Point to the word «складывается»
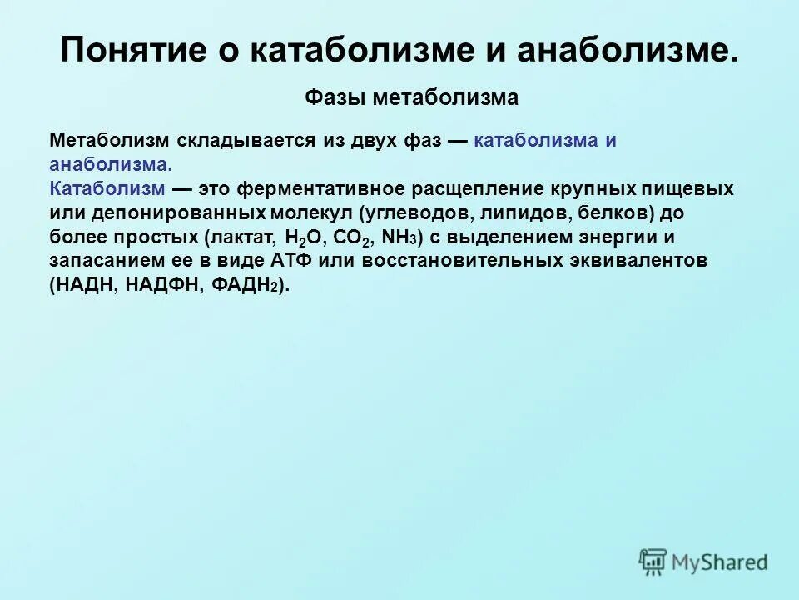(x=247, y=141)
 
